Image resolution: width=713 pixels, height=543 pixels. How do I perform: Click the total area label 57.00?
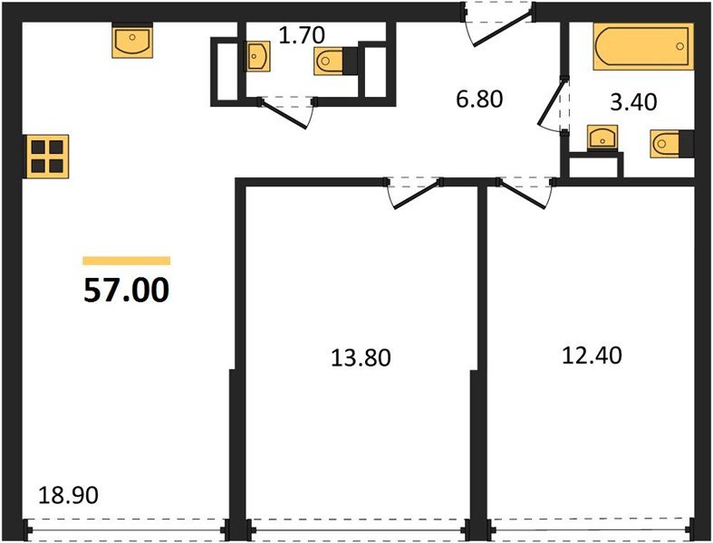127,290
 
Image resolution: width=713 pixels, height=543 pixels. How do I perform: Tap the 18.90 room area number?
68,495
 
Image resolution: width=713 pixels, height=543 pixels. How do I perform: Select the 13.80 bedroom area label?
361,357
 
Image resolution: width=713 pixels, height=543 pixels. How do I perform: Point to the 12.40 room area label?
592,356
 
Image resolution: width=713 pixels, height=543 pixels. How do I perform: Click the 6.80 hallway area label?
479,99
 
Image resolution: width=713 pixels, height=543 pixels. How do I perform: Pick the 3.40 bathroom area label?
633,101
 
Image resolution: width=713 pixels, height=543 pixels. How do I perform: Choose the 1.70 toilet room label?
302,35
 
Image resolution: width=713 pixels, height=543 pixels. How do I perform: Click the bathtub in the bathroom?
643,47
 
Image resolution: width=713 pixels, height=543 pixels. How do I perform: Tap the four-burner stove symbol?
47,157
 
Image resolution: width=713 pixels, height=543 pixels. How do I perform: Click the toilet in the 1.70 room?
335,61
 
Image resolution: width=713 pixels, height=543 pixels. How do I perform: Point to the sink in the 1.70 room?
258,56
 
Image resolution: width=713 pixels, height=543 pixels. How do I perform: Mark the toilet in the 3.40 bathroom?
672,144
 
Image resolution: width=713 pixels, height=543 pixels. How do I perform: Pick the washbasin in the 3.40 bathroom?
602,137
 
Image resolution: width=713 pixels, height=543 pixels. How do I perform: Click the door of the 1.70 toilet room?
287,112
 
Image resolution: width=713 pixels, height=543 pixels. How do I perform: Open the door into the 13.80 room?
414,193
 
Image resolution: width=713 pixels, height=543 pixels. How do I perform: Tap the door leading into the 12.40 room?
525,193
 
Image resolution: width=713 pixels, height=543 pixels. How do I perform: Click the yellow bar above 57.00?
127,261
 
